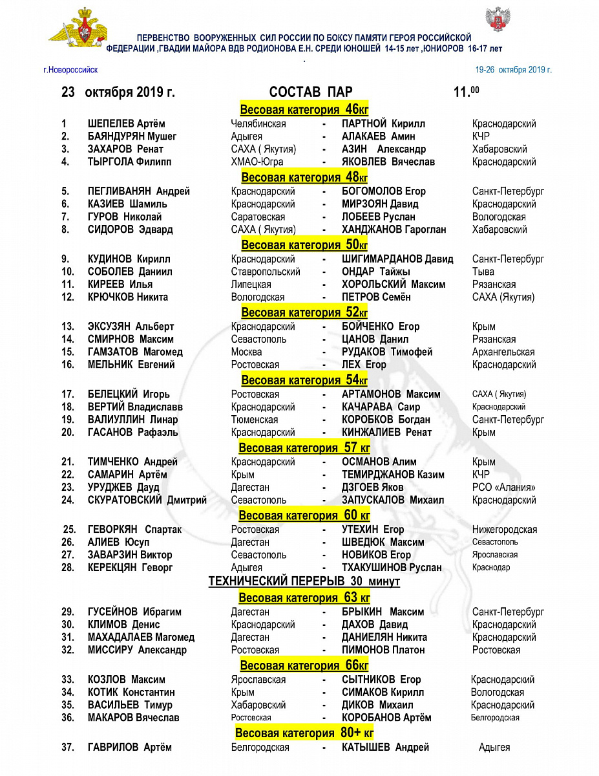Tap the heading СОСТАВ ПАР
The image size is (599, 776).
pyautogui.click(x=311, y=92)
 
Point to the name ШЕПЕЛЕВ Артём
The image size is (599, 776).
pyautogui.click(x=126, y=124)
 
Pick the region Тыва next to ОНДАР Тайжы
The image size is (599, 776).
pyautogui.click(x=483, y=272)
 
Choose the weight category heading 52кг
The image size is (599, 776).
pyautogui.click(x=304, y=312)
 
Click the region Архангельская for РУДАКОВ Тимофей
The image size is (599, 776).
pyautogui.click(x=503, y=352)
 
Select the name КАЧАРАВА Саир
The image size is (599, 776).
pyautogui.click(x=381, y=407)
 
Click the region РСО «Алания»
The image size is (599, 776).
pyautogui.click(x=504, y=487)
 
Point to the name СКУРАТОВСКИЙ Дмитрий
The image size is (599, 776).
pyautogui.click(x=147, y=500)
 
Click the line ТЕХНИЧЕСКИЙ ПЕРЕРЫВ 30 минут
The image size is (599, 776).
pyautogui.click(x=304, y=581)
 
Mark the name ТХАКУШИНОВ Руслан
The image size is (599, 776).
pyautogui.click(x=392, y=568)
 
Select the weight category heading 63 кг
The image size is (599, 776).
pyautogui.click(x=304, y=598)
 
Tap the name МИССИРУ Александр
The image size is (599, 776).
pyautogui.click(x=137, y=650)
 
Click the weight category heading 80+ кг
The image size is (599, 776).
pyautogui.click(x=304, y=733)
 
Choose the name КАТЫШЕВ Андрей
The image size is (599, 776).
pyautogui.click(x=385, y=748)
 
